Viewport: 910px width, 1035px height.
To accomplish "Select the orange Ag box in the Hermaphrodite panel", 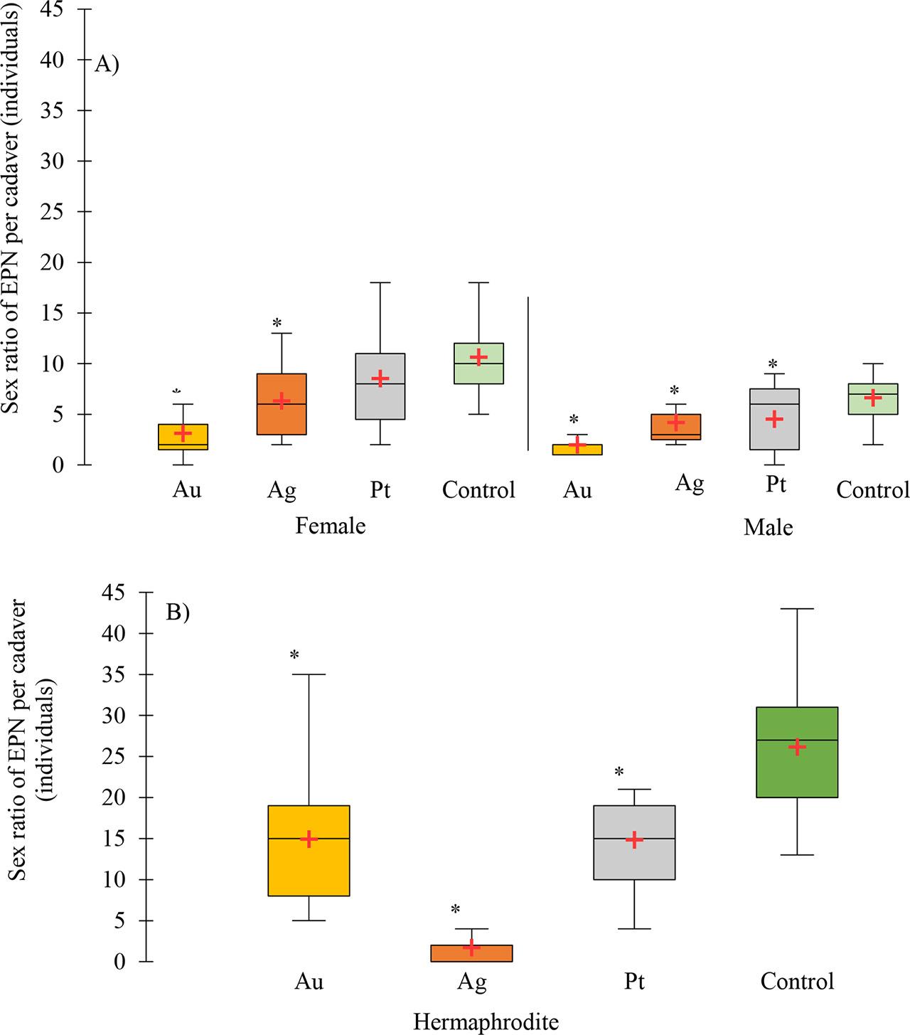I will (x=471, y=953).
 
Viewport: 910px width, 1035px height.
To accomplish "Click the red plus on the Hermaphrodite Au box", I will (x=309, y=839).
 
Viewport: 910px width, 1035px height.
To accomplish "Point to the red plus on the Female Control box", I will (x=478, y=356).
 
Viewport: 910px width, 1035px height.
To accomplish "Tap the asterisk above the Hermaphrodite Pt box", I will (x=619, y=772).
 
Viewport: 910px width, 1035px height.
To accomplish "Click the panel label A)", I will (x=107, y=64).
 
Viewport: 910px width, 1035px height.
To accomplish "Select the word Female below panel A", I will (x=331, y=526).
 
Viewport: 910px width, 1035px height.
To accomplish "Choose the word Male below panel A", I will (x=768, y=527).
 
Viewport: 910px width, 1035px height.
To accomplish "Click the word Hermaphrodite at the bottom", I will (x=486, y=1022).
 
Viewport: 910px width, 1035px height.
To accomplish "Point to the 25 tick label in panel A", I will (x=61, y=212).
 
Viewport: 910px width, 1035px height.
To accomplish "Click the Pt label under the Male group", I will (x=776, y=484).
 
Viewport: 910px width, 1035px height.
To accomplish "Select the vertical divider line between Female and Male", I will (x=528, y=373).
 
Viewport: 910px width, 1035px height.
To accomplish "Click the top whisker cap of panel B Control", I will (x=797, y=609).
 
